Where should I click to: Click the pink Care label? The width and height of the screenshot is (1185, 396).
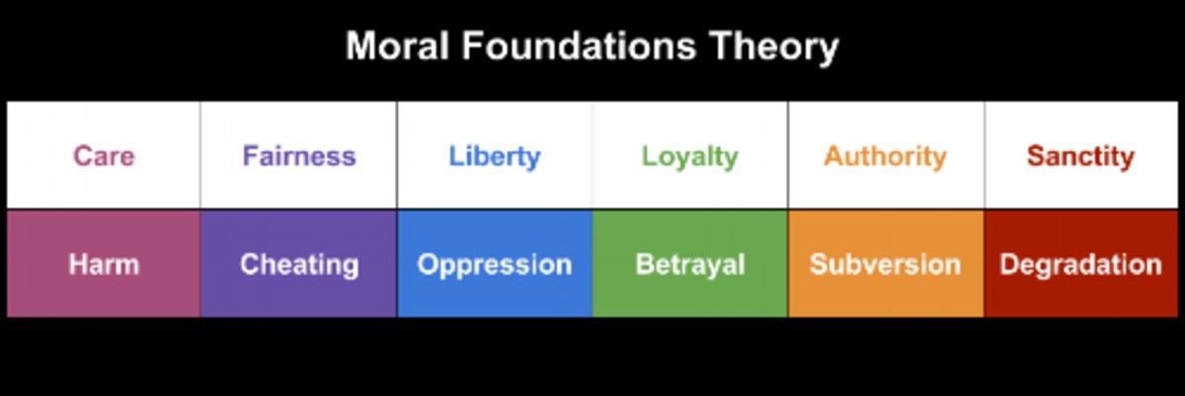(x=104, y=156)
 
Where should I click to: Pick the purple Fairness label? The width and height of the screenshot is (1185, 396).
(x=299, y=156)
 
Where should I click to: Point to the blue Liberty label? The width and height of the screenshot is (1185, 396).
(x=495, y=157)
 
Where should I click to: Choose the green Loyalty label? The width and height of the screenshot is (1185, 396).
(x=689, y=157)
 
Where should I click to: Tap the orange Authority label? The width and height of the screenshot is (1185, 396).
(x=885, y=156)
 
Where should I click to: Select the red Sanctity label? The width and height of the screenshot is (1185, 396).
(x=1080, y=156)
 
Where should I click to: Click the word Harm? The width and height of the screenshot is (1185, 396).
(x=104, y=265)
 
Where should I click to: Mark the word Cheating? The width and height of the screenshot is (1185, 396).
(x=299, y=265)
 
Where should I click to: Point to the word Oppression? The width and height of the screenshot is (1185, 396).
(x=495, y=266)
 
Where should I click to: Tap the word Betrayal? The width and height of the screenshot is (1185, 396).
(x=689, y=266)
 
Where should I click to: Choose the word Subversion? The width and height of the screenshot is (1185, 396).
(x=885, y=266)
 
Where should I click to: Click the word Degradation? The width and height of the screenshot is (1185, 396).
(x=1080, y=266)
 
